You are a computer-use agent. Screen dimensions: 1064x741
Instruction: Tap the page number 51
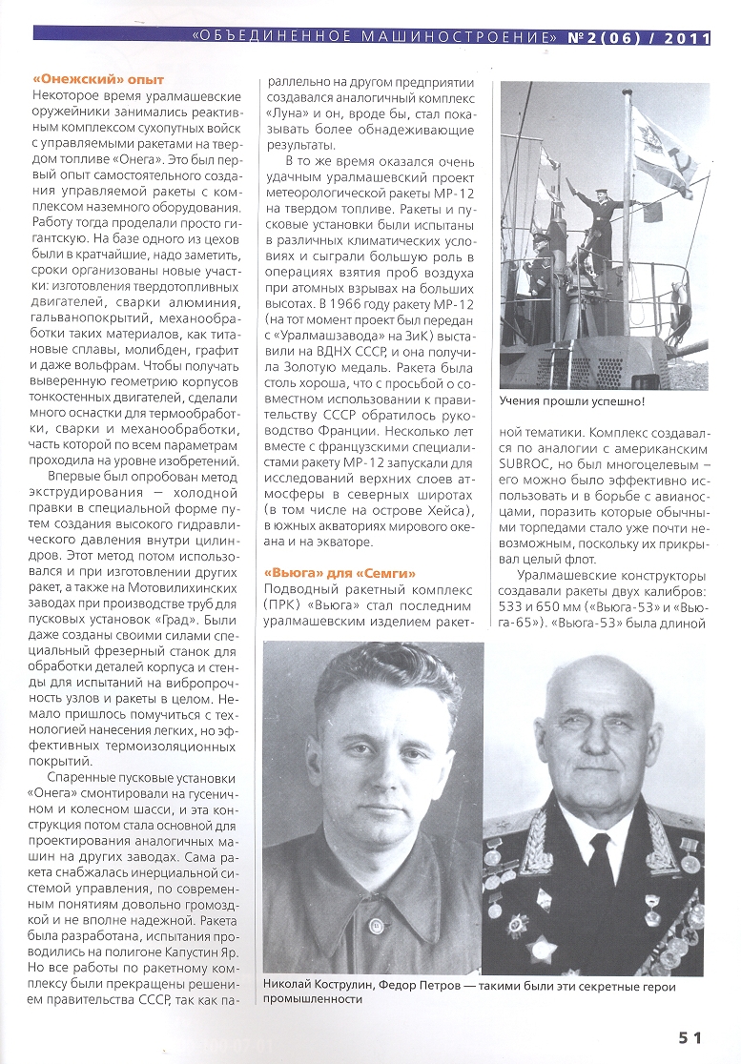(x=691, y=1037)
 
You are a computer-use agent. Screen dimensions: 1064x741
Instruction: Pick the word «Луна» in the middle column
(x=283, y=112)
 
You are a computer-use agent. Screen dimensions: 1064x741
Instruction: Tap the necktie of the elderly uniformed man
(x=600, y=862)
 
